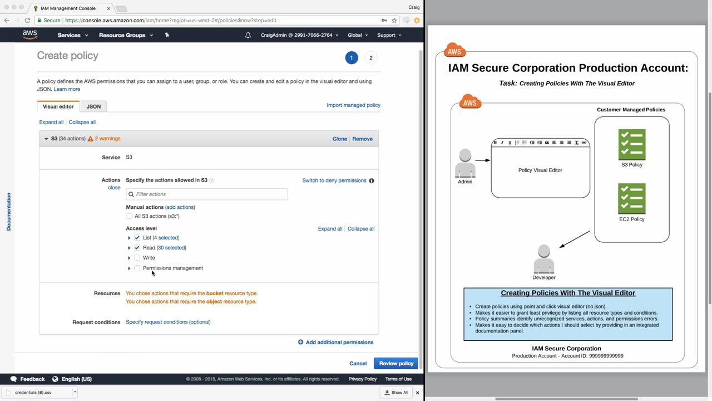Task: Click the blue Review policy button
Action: click(396, 364)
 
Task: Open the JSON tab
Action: click(93, 106)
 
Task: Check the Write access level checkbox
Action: click(137, 258)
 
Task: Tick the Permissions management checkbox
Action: click(137, 268)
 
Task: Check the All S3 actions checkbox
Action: click(128, 216)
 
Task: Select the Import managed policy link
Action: click(353, 105)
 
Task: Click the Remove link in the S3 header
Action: click(362, 139)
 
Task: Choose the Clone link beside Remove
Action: click(339, 139)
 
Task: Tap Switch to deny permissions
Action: click(334, 180)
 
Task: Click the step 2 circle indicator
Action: click(370, 58)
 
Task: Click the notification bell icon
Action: click(248, 35)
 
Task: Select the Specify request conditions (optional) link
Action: click(168, 322)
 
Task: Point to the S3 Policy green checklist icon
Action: click(631, 144)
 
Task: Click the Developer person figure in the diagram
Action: click(544, 259)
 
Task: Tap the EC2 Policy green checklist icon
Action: click(631, 199)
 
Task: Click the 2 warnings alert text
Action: click(107, 139)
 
